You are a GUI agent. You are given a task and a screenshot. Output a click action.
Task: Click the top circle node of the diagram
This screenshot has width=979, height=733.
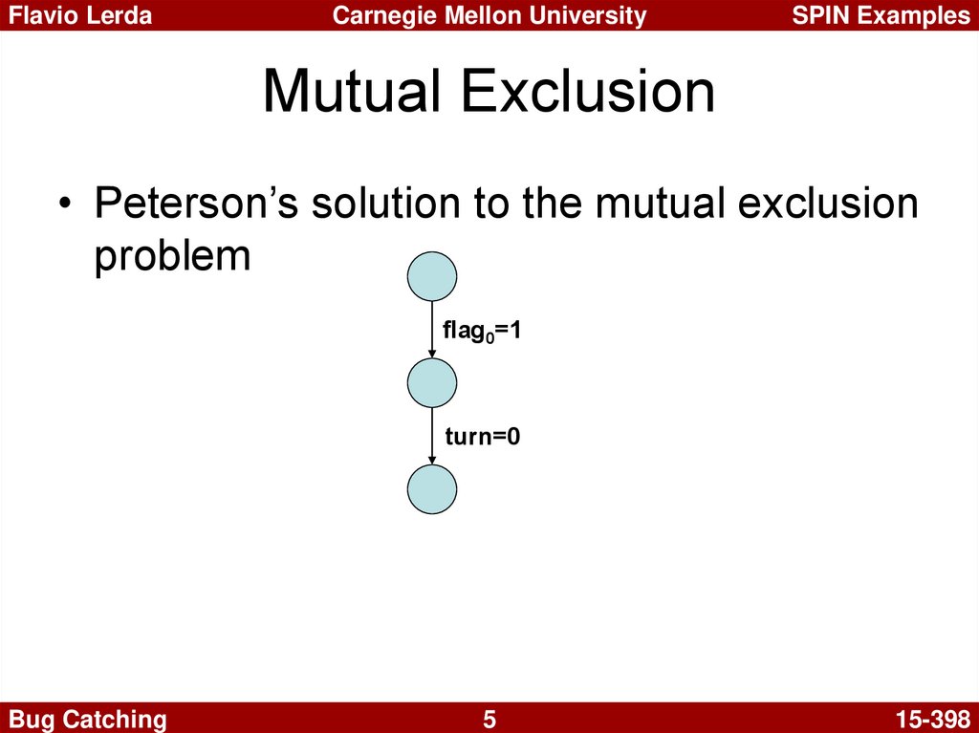432,276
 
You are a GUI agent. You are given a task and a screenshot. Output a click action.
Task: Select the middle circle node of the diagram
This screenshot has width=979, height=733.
432,382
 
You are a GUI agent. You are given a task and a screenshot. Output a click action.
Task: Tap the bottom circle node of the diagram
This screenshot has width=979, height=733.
432,489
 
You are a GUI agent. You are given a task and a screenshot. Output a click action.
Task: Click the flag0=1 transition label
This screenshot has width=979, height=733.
482,331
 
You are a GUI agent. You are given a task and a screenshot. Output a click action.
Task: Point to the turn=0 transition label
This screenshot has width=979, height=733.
483,436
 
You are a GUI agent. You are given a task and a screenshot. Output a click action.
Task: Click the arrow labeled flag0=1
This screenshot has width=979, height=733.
432,330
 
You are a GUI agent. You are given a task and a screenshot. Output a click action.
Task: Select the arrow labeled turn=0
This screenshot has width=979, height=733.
432,436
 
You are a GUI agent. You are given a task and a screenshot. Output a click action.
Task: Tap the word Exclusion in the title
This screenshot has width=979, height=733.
588,91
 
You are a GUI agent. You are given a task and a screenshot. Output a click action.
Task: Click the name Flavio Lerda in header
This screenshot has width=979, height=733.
80,15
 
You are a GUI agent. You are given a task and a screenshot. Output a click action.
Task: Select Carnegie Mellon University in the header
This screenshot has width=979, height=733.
489,15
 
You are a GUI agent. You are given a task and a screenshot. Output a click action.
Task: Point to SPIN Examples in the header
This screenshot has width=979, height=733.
881,15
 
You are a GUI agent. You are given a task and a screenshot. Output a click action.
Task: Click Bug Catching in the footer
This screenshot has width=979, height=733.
87,720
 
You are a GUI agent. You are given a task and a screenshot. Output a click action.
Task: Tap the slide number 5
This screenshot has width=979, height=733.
489,720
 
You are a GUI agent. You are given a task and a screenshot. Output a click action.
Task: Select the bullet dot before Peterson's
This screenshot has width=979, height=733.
64,205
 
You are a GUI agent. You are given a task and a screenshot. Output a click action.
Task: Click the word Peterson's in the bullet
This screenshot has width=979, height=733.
197,203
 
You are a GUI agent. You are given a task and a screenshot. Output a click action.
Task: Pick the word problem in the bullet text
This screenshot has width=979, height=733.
172,255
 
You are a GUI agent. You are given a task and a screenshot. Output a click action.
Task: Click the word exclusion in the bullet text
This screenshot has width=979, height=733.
828,203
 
